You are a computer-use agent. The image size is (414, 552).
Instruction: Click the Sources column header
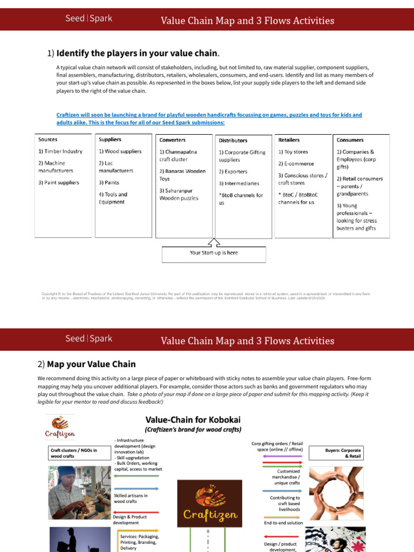point(47,140)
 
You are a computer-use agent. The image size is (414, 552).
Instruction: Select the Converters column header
point(172,140)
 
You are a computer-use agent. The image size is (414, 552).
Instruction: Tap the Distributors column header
point(233,141)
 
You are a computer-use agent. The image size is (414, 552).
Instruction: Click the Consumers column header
point(350,140)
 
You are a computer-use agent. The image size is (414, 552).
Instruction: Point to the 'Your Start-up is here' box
point(213,253)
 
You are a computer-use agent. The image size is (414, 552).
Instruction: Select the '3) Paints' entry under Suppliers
point(109,183)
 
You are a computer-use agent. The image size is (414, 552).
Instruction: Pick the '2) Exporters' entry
point(233,172)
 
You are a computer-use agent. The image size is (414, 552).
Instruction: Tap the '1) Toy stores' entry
point(293,152)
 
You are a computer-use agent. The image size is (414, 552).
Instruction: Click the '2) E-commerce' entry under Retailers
point(296,164)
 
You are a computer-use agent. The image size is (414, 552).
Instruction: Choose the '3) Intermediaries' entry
point(239,184)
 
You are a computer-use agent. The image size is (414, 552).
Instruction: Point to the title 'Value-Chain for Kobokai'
point(192,419)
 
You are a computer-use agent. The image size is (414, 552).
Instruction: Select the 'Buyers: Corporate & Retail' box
point(343,453)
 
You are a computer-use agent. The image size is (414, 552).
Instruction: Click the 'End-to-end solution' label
point(283,523)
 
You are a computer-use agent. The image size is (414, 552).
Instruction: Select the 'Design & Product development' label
point(129,519)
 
